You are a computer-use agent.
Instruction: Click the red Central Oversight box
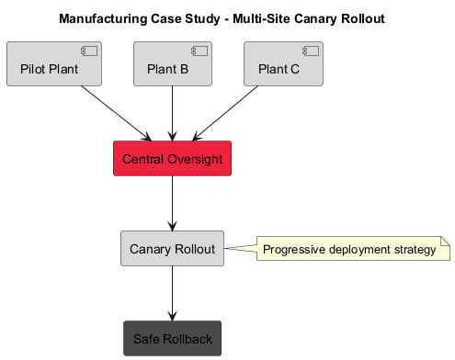173,159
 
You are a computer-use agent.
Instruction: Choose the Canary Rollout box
173,249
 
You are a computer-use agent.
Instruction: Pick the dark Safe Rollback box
173,339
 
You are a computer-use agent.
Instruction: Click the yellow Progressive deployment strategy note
349,249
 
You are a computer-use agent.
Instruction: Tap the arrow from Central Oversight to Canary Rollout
173,203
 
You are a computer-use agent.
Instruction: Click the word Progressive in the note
294,250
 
